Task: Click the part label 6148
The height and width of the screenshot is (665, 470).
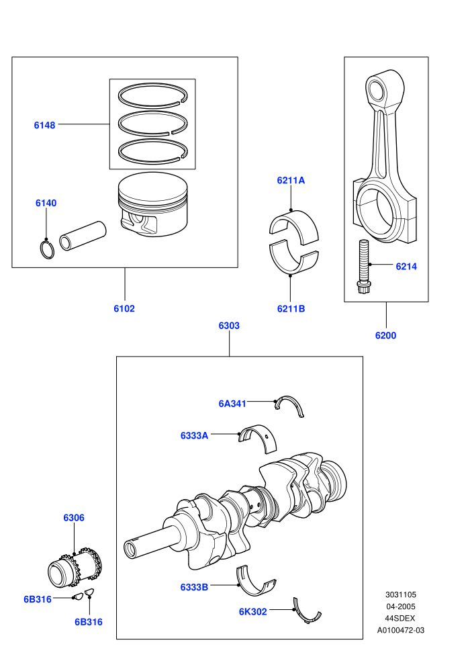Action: click(x=44, y=125)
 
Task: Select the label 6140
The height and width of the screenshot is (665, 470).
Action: click(x=46, y=203)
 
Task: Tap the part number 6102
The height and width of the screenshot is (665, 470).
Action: click(x=124, y=309)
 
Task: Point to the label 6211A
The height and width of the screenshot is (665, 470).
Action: click(x=291, y=180)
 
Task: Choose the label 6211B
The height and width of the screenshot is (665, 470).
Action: click(x=291, y=309)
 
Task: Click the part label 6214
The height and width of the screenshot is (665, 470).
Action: click(x=406, y=267)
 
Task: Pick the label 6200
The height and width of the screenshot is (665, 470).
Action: click(x=385, y=335)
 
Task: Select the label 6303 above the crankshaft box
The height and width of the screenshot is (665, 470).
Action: click(x=229, y=326)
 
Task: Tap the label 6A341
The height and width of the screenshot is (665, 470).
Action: click(x=232, y=404)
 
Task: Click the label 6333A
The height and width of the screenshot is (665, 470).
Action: click(x=194, y=435)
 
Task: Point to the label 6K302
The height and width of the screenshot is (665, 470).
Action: click(x=252, y=611)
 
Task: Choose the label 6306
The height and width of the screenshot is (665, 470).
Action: click(x=74, y=518)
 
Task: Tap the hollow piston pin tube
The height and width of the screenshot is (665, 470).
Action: click(x=83, y=235)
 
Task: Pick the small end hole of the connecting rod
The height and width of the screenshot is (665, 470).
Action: click(x=375, y=89)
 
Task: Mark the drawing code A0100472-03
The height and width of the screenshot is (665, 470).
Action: click(x=400, y=630)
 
